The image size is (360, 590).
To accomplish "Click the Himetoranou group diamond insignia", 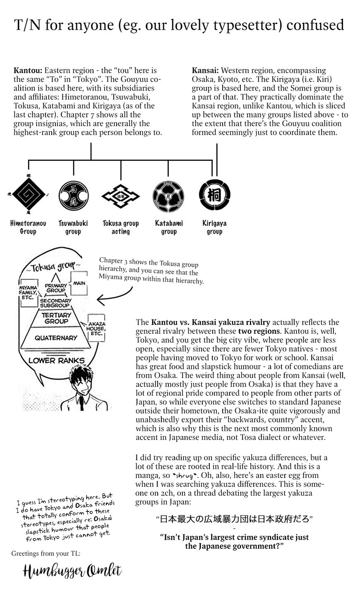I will pyautogui.click(x=28, y=193).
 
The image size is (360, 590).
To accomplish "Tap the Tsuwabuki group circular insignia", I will pyautogui.click(x=73, y=193).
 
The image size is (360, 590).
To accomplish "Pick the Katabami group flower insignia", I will pyautogui.click(x=168, y=193).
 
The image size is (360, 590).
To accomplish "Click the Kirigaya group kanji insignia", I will pyautogui.click(x=214, y=193).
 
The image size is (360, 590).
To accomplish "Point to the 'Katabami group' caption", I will pyautogui.click(x=169, y=227).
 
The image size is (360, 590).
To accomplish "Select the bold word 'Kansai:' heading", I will pyautogui.click(x=205, y=71).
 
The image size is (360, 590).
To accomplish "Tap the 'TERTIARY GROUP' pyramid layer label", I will pyautogui.click(x=56, y=318).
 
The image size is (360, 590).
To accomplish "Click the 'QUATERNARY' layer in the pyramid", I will pyautogui.click(x=56, y=338).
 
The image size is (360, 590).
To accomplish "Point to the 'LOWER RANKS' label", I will pyautogui.click(x=56, y=361).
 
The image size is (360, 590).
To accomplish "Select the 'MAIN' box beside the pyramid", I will pyautogui.click(x=79, y=284).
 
